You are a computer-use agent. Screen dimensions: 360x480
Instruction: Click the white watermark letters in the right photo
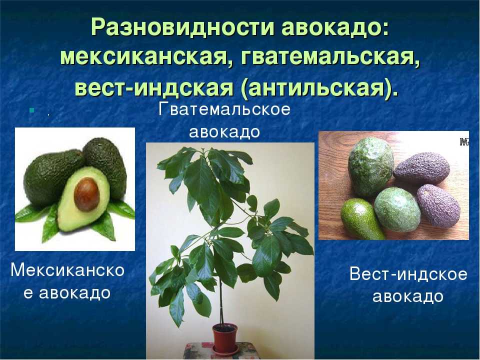(464, 142)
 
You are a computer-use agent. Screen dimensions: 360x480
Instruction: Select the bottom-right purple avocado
(438, 205)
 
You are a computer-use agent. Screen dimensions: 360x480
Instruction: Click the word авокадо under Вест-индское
(408, 296)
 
